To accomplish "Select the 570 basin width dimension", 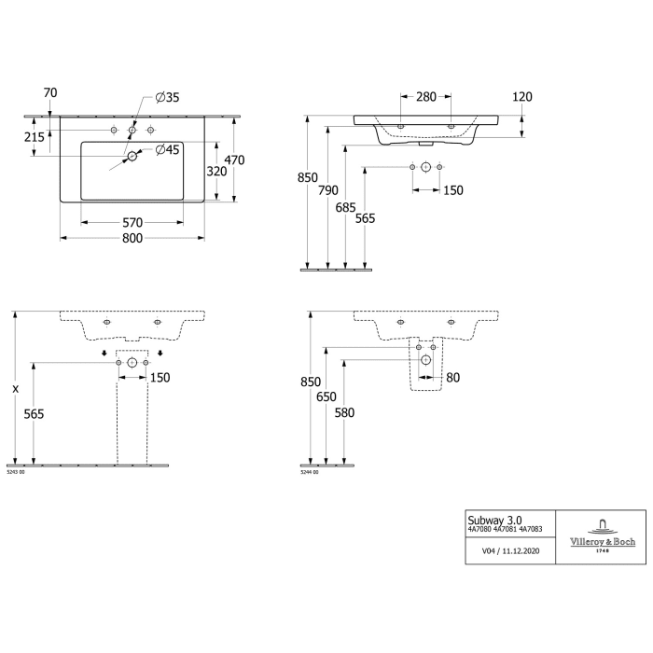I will (x=132, y=222).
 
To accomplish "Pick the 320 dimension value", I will (x=216, y=171).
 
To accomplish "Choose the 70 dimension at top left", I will (x=50, y=92).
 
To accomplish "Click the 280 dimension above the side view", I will (x=425, y=96).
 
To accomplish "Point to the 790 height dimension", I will (x=328, y=190).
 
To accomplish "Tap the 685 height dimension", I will (x=347, y=207).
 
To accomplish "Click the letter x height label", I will (x=15, y=386).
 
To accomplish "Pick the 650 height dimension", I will (x=326, y=397).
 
